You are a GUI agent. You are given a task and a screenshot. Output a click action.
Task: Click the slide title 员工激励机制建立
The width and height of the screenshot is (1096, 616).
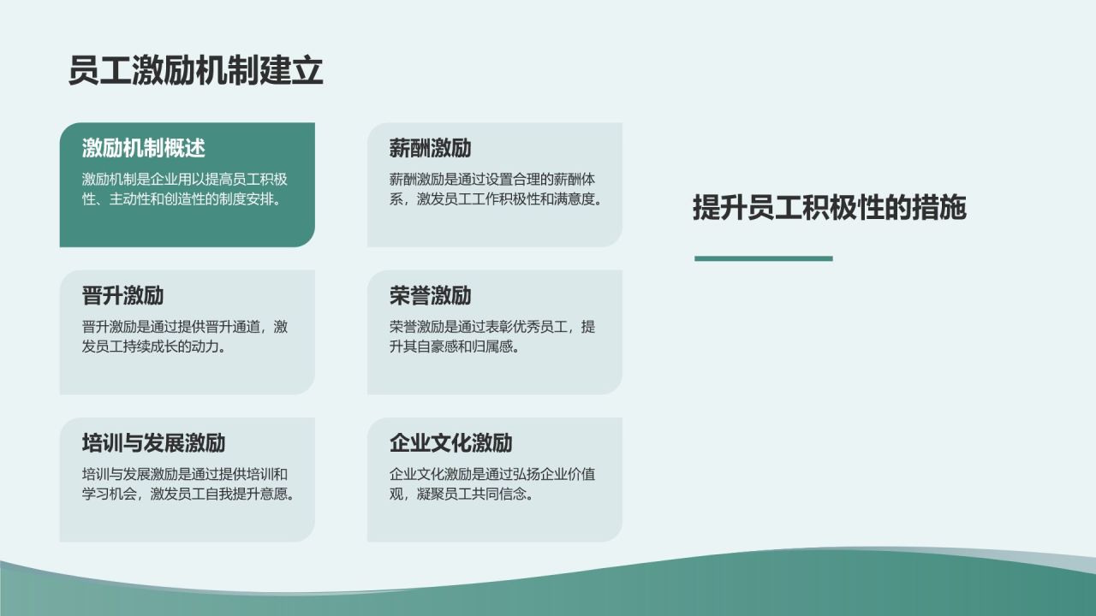[x=195, y=71]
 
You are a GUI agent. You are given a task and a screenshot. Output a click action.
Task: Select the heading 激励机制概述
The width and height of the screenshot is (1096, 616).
[x=144, y=148]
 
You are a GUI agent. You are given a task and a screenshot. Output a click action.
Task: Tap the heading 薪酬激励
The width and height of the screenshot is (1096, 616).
[x=430, y=148]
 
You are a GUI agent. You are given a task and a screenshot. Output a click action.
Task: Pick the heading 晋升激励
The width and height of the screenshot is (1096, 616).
[x=123, y=296]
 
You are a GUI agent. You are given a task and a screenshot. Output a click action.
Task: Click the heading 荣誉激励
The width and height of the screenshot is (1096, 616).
[x=430, y=296]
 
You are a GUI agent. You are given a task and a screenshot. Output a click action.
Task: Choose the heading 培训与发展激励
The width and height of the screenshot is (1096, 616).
[x=154, y=443]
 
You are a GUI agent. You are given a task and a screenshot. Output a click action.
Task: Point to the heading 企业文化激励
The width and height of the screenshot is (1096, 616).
[x=450, y=443]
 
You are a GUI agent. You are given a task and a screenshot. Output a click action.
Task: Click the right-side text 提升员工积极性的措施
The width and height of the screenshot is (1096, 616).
[x=829, y=208]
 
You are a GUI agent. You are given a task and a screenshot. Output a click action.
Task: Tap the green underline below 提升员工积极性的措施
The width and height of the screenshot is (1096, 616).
[x=763, y=258]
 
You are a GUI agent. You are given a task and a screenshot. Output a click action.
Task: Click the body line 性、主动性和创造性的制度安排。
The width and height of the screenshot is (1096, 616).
[x=183, y=200]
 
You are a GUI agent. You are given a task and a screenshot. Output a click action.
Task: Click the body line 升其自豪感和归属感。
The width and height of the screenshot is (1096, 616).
[x=454, y=347]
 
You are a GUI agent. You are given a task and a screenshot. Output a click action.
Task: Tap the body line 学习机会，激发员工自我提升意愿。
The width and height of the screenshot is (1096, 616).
[x=188, y=495]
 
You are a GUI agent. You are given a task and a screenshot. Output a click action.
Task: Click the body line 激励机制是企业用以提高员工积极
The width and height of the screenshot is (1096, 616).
[x=185, y=180]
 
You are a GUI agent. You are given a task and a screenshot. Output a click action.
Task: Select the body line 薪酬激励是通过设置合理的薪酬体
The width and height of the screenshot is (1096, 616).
[x=492, y=180]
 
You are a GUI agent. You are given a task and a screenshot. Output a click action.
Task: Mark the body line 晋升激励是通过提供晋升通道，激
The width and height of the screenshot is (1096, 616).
[x=185, y=327]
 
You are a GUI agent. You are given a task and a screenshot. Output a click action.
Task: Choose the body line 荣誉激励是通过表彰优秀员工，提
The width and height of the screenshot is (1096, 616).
[x=492, y=327]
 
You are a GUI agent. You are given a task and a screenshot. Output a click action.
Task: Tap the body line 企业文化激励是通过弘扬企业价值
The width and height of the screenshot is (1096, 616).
[x=492, y=474]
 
